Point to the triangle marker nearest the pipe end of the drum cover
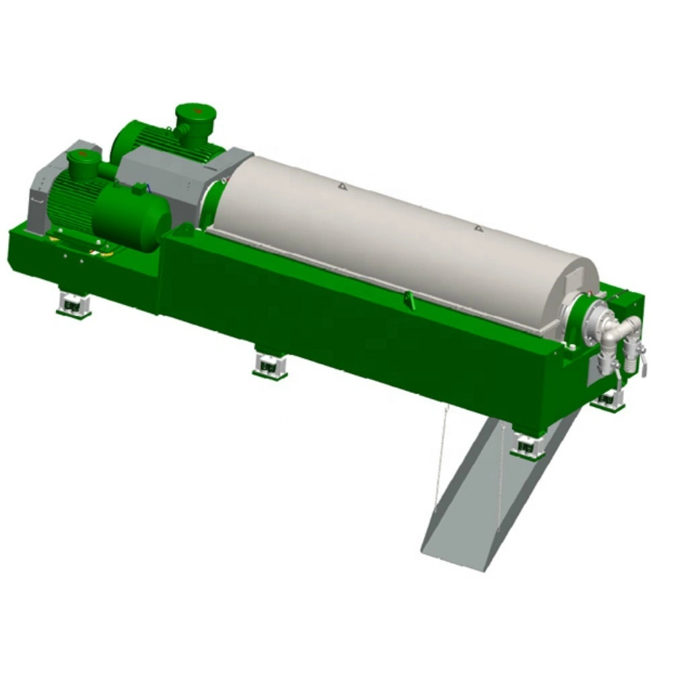pos(479,229)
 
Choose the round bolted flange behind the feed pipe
pos(586,316)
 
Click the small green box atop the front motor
pos(140,190)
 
